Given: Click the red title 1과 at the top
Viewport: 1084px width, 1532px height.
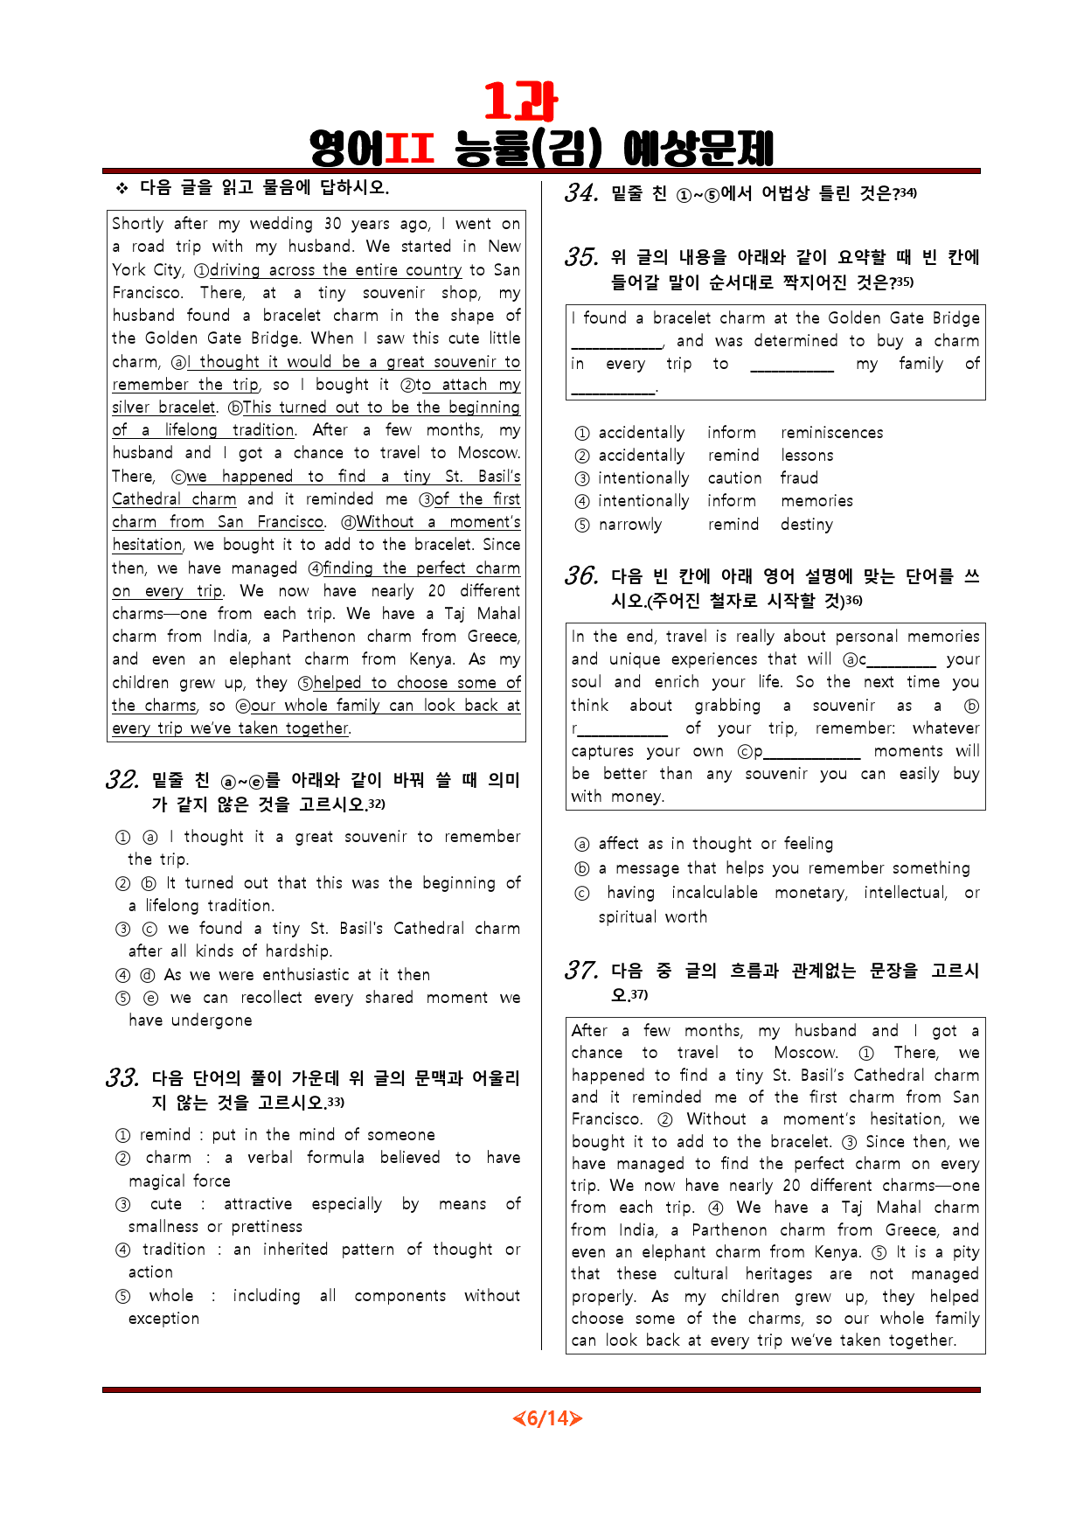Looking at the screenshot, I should click(520, 101).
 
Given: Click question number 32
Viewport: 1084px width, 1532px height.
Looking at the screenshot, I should click(122, 780).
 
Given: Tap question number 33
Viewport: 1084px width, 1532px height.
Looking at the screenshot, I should click(122, 1078).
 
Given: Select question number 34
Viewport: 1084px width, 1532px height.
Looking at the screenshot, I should click(581, 193).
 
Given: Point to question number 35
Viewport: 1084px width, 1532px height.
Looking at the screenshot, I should click(581, 257).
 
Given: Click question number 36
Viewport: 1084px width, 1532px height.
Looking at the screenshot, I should click(581, 576).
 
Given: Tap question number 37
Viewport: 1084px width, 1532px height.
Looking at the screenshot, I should click(581, 971).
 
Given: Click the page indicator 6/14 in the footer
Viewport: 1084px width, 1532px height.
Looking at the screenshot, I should click(547, 1417).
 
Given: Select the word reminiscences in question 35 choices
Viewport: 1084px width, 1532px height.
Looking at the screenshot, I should click(831, 433).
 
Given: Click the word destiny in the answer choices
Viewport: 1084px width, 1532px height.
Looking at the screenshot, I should click(806, 525).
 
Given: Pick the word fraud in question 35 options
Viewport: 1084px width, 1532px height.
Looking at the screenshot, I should click(799, 478).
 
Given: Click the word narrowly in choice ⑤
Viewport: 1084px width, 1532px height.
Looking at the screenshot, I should click(629, 525).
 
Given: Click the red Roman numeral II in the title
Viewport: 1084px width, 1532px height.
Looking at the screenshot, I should click(409, 149).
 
